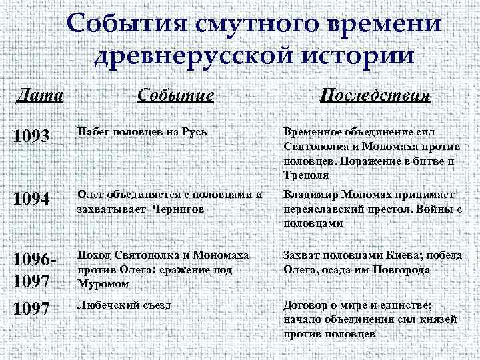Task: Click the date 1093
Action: click(31, 137)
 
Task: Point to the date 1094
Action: click(31, 199)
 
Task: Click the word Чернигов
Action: click(178, 209)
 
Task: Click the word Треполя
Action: click(304, 175)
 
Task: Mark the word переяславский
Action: click(324, 209)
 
